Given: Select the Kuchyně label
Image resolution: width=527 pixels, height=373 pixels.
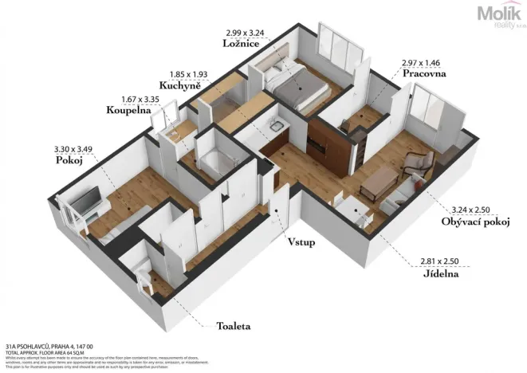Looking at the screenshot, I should click(179, 84).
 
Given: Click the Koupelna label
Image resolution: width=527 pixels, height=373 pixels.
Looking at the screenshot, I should click(128, 112).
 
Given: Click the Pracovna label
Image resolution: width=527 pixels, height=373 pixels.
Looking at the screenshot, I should click(424, 73).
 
